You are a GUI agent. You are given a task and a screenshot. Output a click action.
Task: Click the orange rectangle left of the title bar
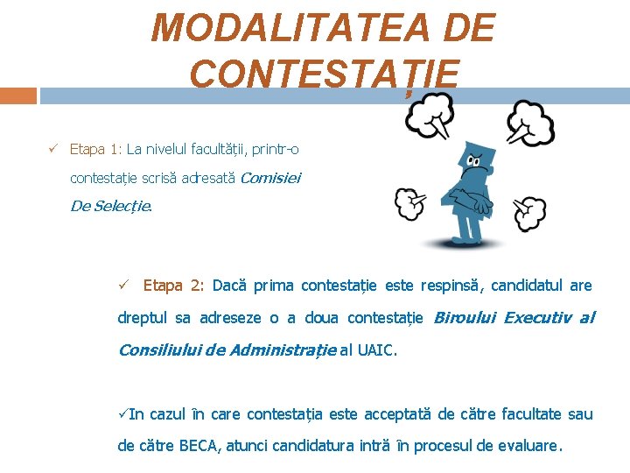click(x=17, y=95)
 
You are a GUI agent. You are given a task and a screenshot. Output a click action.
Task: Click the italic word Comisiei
click(x=269, y=178)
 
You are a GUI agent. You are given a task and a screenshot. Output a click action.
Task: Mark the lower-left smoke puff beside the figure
click(x=409, y=204)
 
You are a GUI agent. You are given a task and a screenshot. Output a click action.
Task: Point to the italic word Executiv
click(x=537, y=317)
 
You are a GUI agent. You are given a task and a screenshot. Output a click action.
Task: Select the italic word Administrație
click(x=282, y=350)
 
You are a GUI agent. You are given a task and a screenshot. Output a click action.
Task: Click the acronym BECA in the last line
click(x=199, y=445)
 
